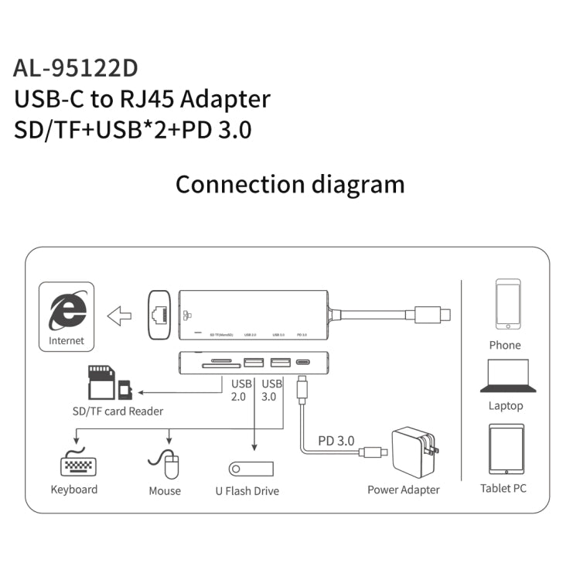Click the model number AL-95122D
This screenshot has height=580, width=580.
76,67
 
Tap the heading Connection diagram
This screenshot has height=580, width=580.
289,184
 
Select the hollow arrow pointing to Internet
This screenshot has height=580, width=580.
119,315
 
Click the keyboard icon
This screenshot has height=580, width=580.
77,466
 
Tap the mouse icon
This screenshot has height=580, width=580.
165,465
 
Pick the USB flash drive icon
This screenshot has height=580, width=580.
251,469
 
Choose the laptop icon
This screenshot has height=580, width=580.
507,377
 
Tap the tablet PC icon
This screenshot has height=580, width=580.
507,449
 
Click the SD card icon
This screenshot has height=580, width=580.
102,381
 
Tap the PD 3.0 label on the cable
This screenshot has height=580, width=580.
336,440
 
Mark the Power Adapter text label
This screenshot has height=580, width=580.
403,490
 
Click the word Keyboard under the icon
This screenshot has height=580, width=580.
74,490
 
